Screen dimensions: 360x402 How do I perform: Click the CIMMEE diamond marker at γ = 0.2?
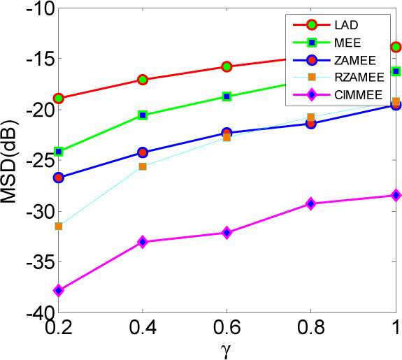pos(59,290)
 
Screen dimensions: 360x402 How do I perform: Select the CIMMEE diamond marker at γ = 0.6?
pos(227,232)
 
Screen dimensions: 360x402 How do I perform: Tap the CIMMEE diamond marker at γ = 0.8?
pos(310,203)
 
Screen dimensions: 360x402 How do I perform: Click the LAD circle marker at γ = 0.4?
pos(143,80)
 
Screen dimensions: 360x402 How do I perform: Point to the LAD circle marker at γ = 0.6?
pos(227,66)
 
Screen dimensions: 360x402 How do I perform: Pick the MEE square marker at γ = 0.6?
pos(227,96)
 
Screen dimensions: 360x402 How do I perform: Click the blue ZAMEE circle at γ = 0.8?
pos(310,124)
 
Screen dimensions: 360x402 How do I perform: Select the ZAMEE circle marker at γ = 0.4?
pos(143,152)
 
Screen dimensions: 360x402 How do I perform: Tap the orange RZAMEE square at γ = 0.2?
pos(59,226)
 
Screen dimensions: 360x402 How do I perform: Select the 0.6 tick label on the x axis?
pos(227,328)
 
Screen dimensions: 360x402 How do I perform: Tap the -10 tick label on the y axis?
pos(31,9)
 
